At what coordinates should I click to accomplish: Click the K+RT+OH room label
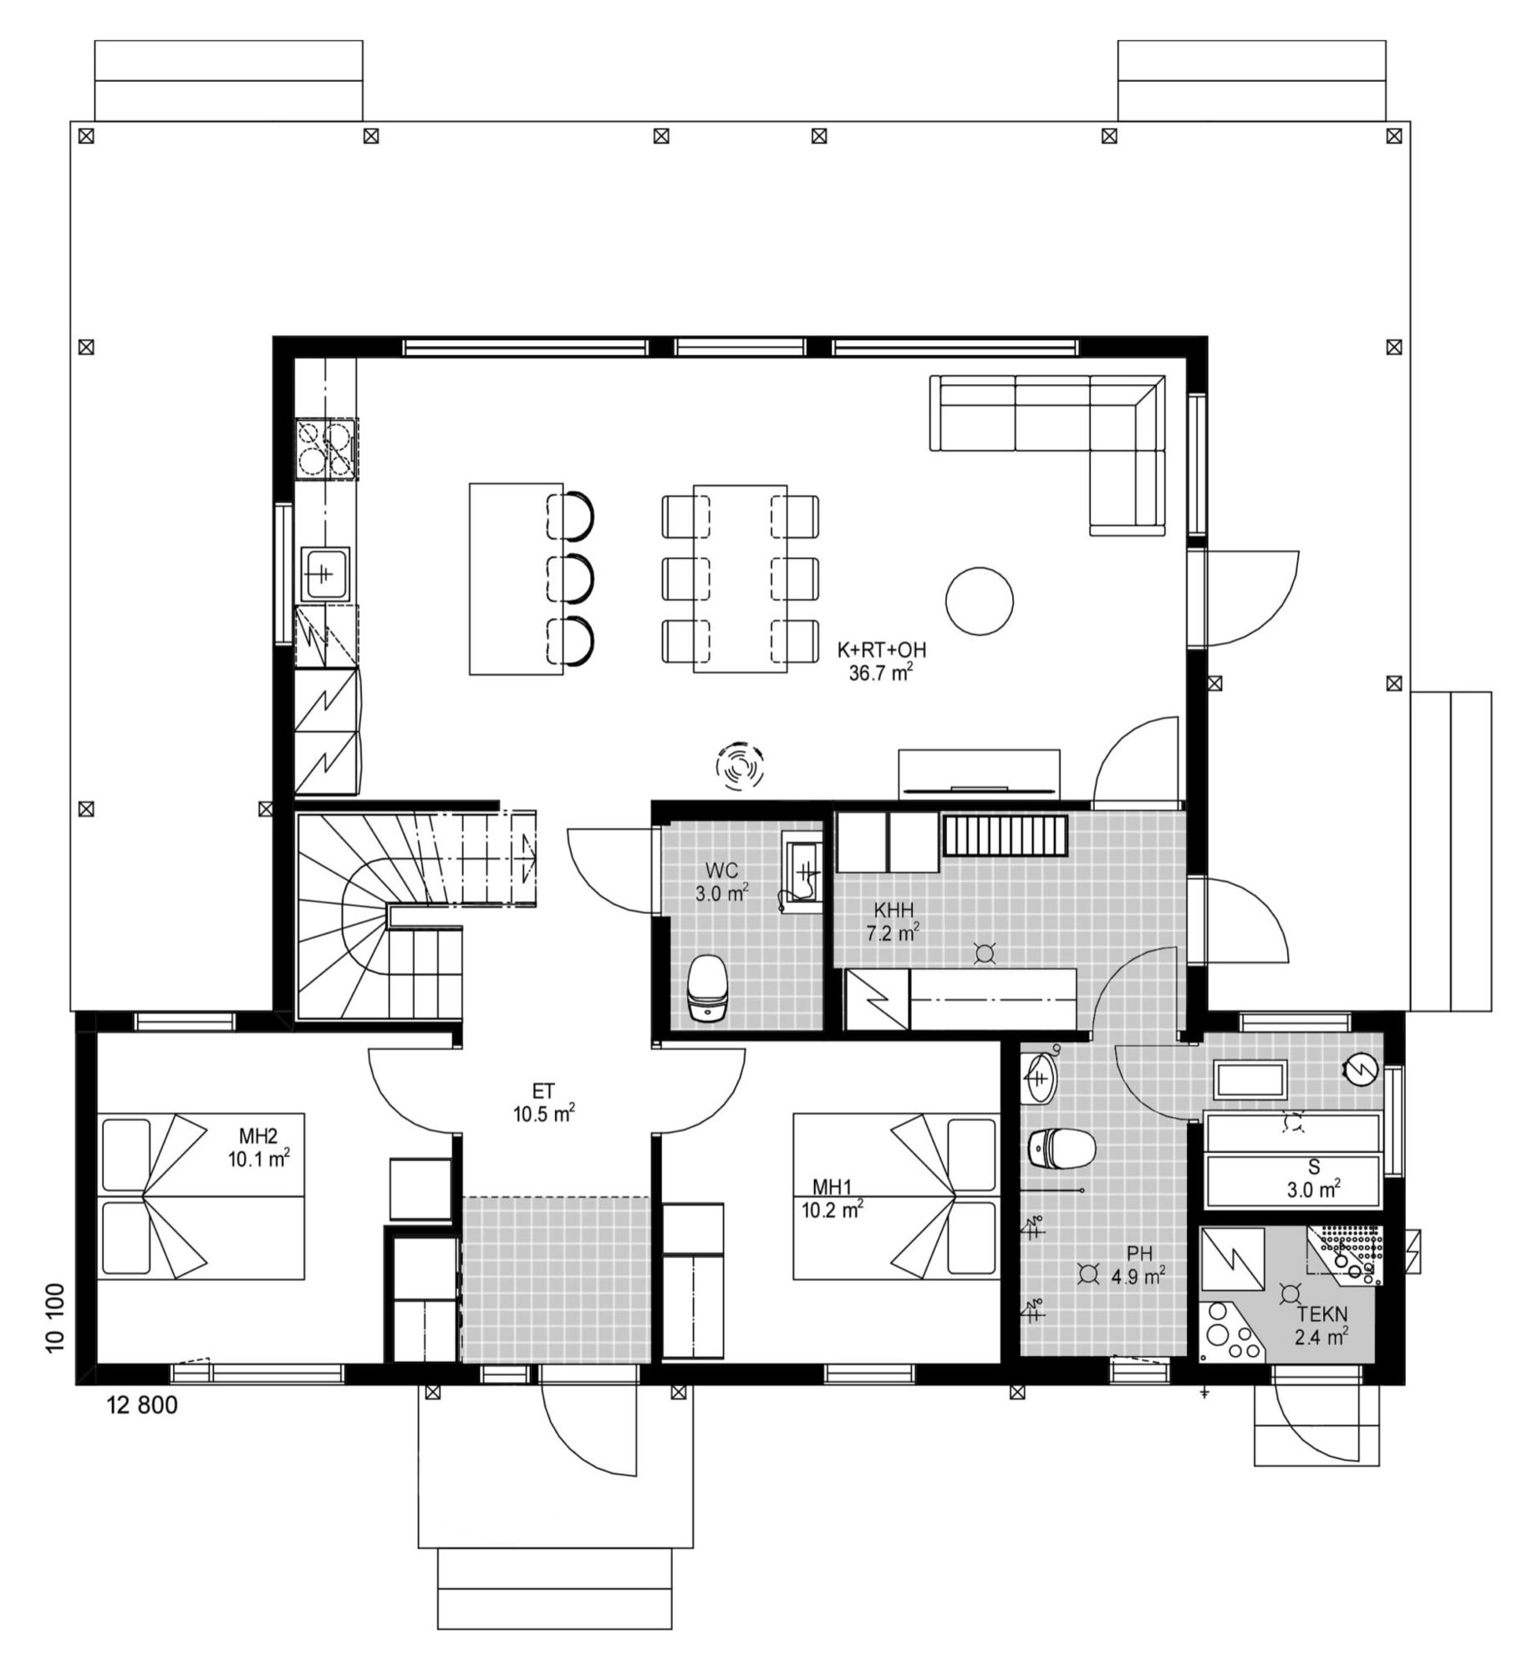pyautogui.click(x=882, y=650)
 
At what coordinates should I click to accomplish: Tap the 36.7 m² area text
pyautogui.click(x=881, y=673)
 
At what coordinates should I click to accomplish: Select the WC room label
pyautogui.click(x=721, y=871)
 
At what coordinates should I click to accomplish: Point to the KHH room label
pyautogui.click(x=894, y=910)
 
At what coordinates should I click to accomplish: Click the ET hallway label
pyautogui.click(x=543, y=1091)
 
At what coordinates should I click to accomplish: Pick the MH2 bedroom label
pyautogui.click(x=258, y=1136)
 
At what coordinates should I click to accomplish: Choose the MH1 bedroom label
pyautogui.click(x=833, y=1187)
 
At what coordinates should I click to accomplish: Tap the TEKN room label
pyautogui.click(x=1322, y=1315)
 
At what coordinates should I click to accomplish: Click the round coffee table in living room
pyautogui.click(x=980, y=600)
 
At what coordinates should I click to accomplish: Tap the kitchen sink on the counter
pyautogui.click(x=326, y=574)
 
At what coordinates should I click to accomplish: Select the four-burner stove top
pyautogui.click(x=327, y=449)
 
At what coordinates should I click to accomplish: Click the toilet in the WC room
pyautogui.click(x=707, y=988)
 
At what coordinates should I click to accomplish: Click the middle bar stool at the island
pyautogui.click(x=571, y=576)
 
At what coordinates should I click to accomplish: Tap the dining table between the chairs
pyautogui.click(x=740, y=578)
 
